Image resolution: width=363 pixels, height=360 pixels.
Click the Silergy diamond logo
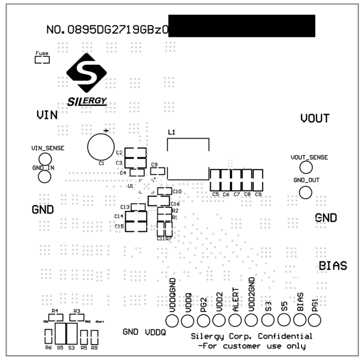(87, 72)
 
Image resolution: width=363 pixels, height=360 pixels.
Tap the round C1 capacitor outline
(101, 147)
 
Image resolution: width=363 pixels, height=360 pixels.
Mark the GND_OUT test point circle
(305, 192)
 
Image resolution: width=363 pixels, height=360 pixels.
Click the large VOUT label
(315, 119)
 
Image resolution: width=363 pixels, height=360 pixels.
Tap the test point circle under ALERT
(235, 320)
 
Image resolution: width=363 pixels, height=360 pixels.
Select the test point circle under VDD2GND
(252, 320)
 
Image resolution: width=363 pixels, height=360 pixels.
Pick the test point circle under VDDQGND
(172, 320)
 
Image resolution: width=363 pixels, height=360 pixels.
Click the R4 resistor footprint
(56, 317)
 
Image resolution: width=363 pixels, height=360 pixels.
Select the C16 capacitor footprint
(158, 201)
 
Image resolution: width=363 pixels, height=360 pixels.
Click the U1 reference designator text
(131, 186)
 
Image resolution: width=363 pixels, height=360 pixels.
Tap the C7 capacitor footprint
(237, 179)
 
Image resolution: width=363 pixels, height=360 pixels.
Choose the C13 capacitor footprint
(139, 207)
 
